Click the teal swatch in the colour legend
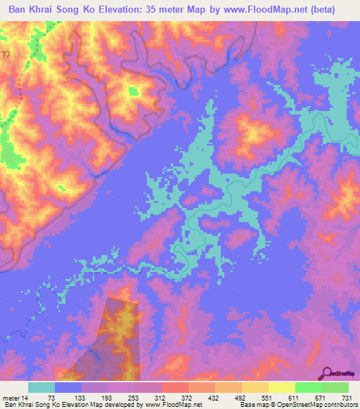[41, 387]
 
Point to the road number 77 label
[6, 53]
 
